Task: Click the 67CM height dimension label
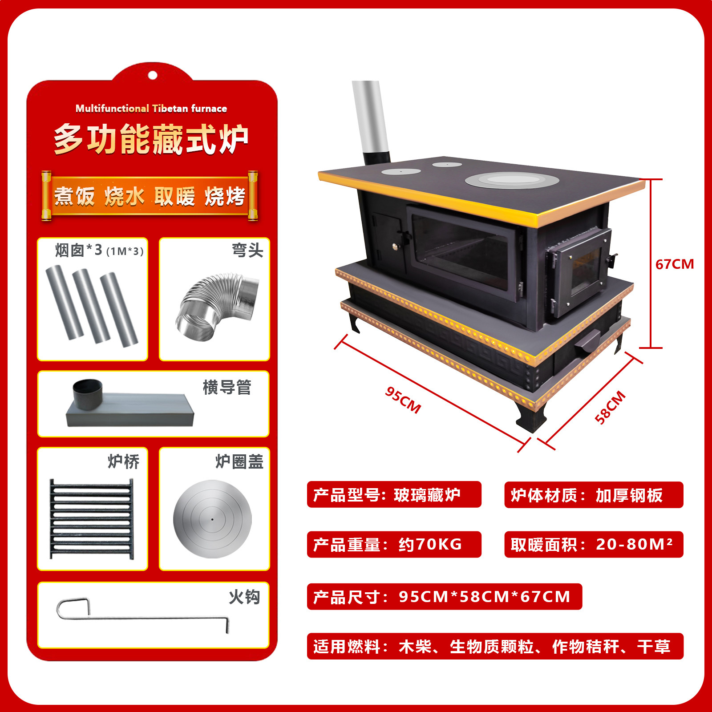coord(674,264)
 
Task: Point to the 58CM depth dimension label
coord(610,407)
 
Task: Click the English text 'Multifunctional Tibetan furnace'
coord(151,109)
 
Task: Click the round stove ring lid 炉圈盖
coord(212,519)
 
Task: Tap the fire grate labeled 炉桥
coord(92,519)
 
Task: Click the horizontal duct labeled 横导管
coord(129,405)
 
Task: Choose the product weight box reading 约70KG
coord(394,544)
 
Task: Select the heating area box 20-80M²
coord(593,544)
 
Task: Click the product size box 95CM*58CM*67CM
coord(444,596)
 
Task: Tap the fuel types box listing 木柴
coord(495,646)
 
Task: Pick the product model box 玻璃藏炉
coord(394,494)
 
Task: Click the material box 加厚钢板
coord(593,495)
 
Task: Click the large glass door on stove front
coord(463,251)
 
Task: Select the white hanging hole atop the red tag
coord(152,75)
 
